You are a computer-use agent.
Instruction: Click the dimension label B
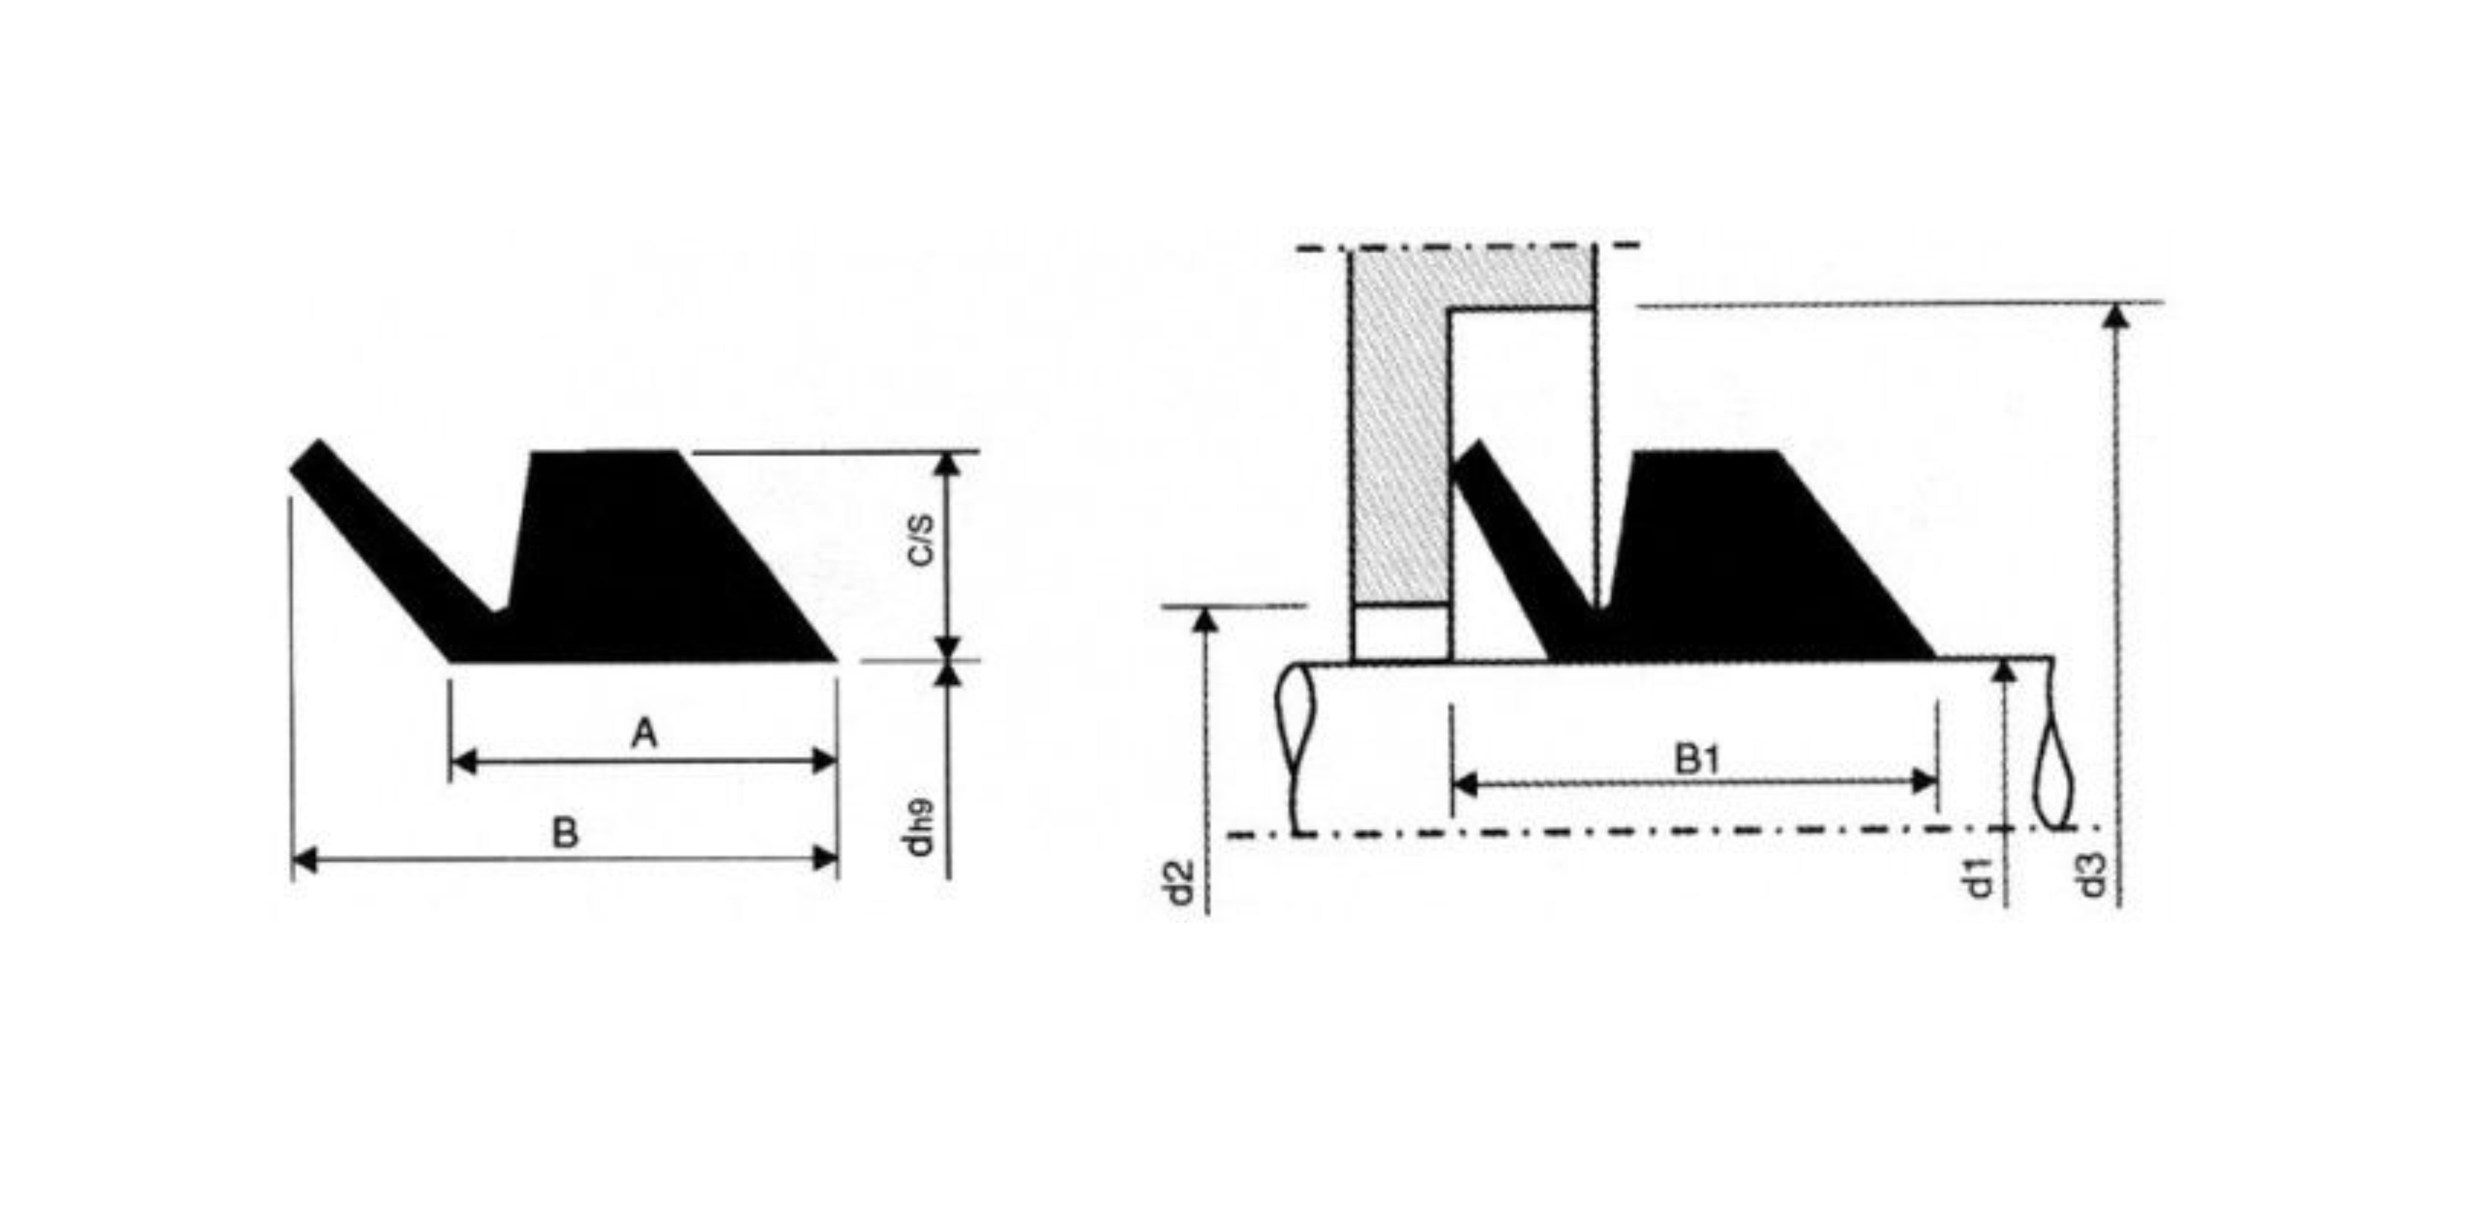click(x=565, y=833)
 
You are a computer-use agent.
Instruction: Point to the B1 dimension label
click(x=1697, y=759)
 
